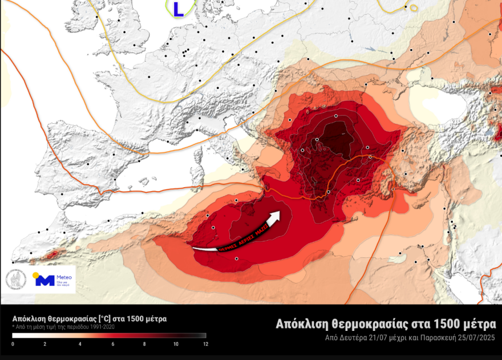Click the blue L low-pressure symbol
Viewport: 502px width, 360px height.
pos(179,8)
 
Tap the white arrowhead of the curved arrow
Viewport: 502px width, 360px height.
pos(275,217)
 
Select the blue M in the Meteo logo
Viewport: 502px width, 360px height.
pos(44,280)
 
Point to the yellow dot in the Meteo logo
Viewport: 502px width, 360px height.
pos(37,275)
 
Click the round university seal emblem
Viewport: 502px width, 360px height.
pos(16,279)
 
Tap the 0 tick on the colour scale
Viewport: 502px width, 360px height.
pos(13,344)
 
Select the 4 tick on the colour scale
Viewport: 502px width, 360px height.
pos(80,344)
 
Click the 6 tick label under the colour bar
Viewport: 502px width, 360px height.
pos(112,344)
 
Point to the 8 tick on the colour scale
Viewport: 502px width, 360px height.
pos(144,344)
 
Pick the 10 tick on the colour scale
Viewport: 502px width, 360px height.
pos(176,344)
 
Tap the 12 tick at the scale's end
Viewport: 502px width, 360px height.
pos(205,344)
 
